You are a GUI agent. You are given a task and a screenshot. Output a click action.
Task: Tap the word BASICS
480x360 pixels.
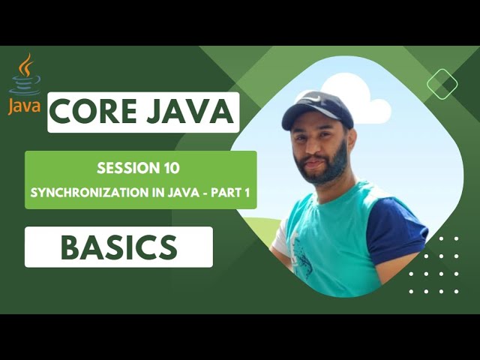coord(118,247)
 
